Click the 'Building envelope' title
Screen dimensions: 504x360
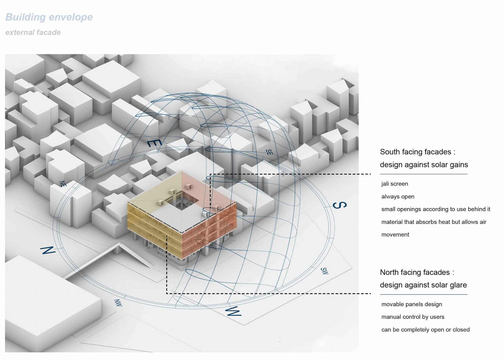click(x=49, y=17)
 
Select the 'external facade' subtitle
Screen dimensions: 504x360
click(x=33, y=32)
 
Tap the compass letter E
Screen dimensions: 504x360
click(x=154, y=143)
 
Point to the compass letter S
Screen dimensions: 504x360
click(x=339, y=205)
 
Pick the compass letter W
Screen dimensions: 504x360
click(x=233, y=311)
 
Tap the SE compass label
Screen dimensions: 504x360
click(x=269, y=152)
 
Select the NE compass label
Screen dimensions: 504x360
click(x=63, y=184)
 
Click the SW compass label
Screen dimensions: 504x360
click(x=324, y=271)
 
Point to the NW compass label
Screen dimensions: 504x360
click(x=118, y=303)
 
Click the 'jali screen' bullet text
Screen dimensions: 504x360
click(x=395, y=184)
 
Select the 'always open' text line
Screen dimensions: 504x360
click(x=398, y=197)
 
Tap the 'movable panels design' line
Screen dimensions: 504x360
click(x=412, y=304)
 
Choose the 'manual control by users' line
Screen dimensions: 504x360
click(x=413, y=317)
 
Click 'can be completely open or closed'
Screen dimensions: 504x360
click(x=425, y=330)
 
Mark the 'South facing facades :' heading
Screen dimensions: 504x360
click(x=417, y=152)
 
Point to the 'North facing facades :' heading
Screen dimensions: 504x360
click(x=417, y=272)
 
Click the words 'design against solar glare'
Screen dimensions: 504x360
click(x=423, y=285)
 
